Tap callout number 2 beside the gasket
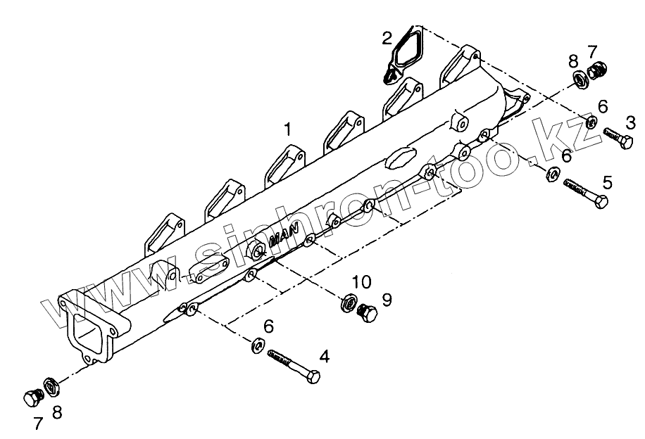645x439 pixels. click(387, 38)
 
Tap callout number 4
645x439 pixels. click(324, 357)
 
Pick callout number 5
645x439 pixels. click(607, 183)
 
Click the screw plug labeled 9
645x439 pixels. click(368, 313)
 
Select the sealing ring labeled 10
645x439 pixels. click(349, 305)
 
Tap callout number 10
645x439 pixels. click(361, 283)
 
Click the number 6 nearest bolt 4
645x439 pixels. click(268, 326)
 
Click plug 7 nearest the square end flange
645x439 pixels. click(32, 397)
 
